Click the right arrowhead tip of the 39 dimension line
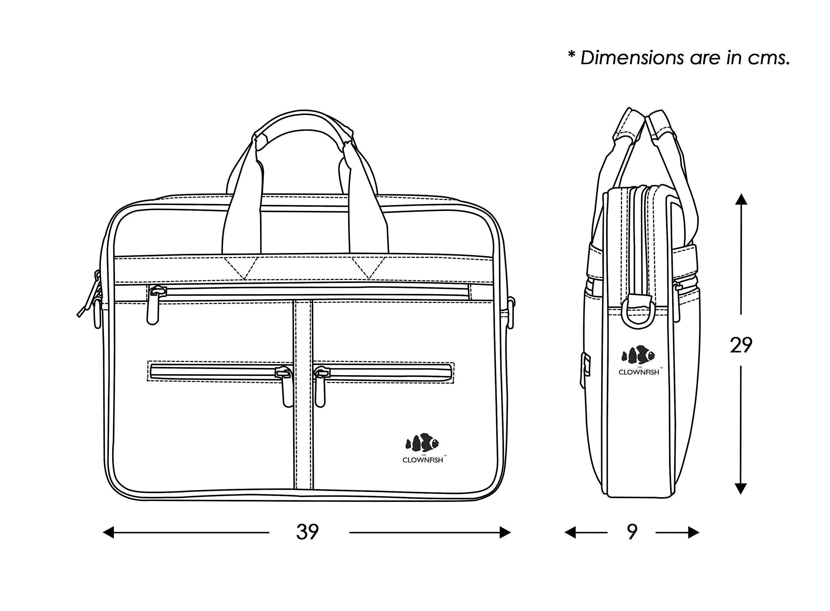tap(511, 533)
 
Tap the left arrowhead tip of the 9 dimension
tap(565, 533)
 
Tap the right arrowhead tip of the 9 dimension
tap(699, 533)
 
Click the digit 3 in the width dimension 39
tap(302, 532)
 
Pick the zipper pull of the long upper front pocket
tap(154, 305)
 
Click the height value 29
tap(741, 345)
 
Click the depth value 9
tap(632, 532)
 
